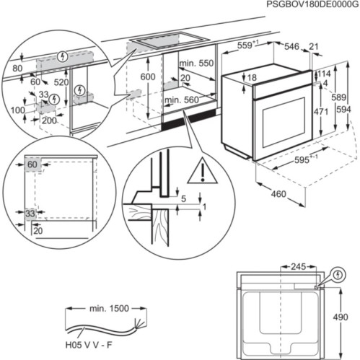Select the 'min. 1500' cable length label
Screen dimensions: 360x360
click(109, 309)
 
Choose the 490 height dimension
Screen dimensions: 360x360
click(348, 316)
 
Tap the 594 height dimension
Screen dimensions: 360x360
click(345, 109)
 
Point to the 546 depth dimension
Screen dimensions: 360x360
click(291, 46)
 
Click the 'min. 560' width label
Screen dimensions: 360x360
click(180, 100)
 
